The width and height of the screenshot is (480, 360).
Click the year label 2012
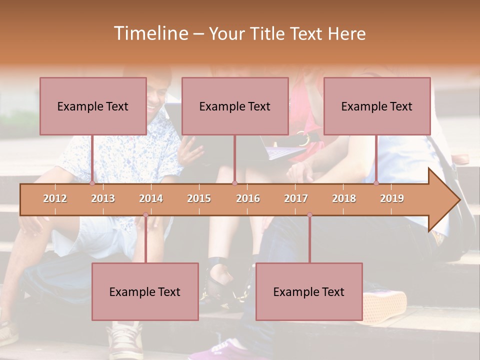point(55,198)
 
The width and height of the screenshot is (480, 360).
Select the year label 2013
point(103,198)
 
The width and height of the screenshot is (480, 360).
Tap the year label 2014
point(151,198)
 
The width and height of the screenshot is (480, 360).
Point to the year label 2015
point(199,198)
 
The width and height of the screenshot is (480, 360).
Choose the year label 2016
point(248,198)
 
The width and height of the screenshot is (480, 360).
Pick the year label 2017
point(296,198)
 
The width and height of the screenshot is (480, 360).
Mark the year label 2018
point(344,198)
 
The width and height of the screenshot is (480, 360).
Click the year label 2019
point(392,198)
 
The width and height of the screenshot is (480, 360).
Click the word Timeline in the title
point(149,33)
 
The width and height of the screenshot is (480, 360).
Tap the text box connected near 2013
point(93,106)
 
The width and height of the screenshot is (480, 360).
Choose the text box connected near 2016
point(235,106)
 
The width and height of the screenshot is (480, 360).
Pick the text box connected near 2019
point(377,106)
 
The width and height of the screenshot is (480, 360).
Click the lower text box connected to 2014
point(145,291)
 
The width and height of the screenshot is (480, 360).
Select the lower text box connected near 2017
point(309,291)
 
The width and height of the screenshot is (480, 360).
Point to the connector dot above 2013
point(92,183)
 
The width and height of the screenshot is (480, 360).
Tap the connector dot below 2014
point(145,215)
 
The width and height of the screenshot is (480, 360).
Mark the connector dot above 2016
point(234,183)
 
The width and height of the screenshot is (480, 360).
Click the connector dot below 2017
point(309,215)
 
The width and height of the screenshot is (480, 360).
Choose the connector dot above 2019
point(376,183)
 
